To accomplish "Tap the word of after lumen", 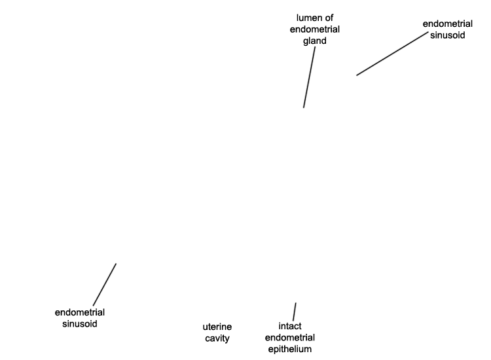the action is tap(328, 18).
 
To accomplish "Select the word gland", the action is tap(315, 41).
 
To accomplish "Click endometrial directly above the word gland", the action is tap(315, 29).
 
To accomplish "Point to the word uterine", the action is tap(217, 327).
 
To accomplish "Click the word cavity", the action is tap(217, 338).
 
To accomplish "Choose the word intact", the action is tap(290, 326).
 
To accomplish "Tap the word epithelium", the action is tap(290, 350).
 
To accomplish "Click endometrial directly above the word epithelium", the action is tap(290, 338).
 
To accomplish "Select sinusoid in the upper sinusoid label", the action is tap(448, 35).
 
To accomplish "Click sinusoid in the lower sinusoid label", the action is tap(79, 324).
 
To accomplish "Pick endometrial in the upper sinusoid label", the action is tap(448, 24).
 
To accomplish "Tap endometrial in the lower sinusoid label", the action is tap(79, 312).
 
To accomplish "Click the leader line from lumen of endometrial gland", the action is tap(309, 77).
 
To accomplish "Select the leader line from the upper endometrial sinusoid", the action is tap(392, 54).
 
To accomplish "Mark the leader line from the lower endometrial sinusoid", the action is tap(105, 285).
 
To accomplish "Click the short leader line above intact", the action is tap(295, 312).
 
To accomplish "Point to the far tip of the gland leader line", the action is tap(303, 108).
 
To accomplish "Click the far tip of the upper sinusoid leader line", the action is tap(357, 75).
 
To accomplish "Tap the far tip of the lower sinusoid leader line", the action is tap(116, 264).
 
